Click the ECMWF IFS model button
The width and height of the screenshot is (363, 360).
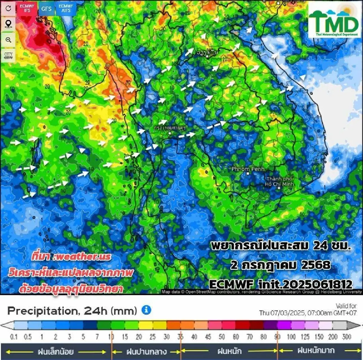click(x=27, y=8)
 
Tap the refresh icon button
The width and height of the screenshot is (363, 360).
click(x=8, y=8)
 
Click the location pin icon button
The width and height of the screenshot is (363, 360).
click(x=8, y=24)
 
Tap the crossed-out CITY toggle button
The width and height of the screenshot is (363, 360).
click(x=8, y=56)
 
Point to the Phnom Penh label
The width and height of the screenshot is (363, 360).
click(x=248, y=169)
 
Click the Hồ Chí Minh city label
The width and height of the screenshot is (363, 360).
click(x=279, y=182)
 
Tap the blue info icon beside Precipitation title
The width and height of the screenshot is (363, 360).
click(x=146, y=310)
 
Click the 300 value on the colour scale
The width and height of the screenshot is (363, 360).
click(x=347, y=337)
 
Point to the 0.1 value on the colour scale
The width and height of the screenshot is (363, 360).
click(x=14, y=337)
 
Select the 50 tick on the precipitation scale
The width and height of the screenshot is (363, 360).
click(x=222, y=337)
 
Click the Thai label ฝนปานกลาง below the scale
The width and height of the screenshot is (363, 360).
click(x=146, y=352)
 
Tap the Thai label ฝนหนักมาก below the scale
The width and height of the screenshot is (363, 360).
click(x=316, y=351)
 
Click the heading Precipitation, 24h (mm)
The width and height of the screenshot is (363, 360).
click(x=72, y=310)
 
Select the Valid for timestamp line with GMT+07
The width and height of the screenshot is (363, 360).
click(x=308, y=313)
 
